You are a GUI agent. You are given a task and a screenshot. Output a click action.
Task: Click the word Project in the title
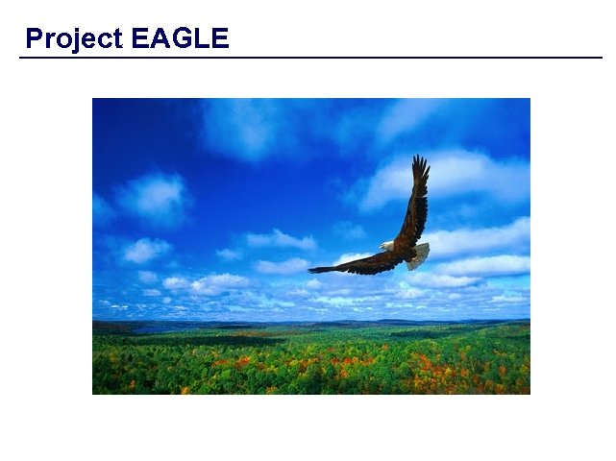click(74, 38)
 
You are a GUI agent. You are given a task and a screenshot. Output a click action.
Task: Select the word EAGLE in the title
click(180, 38)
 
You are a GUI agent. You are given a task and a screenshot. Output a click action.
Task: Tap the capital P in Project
click(34, 38)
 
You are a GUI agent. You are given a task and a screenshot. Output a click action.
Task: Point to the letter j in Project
click(72, 39)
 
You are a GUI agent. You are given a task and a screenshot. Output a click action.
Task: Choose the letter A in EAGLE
click(160, 38)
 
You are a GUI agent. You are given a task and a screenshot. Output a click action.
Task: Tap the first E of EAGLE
click(139, 38)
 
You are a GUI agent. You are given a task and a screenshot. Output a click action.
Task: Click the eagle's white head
click(386, 246)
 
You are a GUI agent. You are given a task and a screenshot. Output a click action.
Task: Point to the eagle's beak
click(381, 248)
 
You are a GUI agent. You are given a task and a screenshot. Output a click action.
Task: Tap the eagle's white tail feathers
click(419, 255)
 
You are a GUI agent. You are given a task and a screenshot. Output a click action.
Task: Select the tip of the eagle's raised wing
click(420, 159)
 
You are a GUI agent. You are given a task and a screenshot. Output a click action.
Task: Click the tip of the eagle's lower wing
click(312, 270)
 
